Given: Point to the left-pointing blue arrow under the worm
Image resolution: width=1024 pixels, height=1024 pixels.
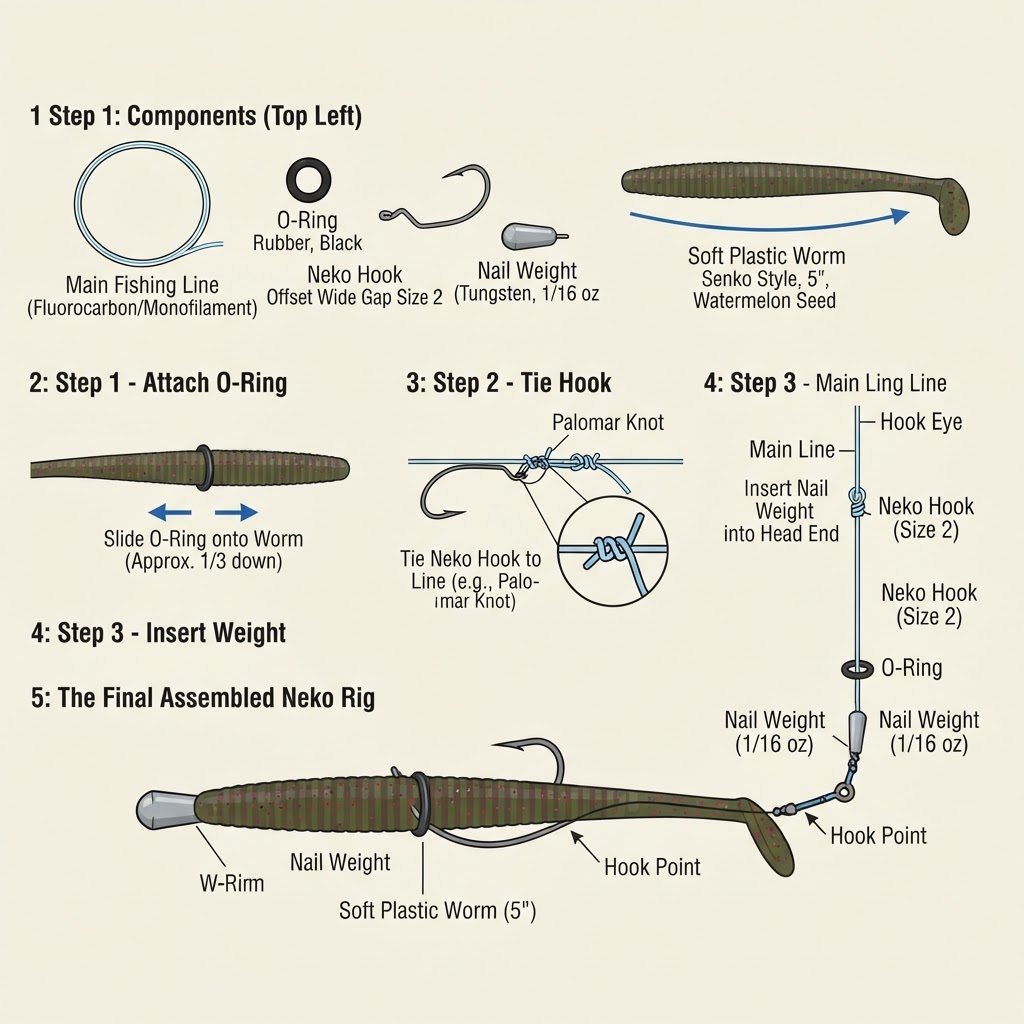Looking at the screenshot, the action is [170, 513].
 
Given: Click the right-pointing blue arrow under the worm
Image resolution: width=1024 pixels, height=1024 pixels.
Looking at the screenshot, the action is [236, 512].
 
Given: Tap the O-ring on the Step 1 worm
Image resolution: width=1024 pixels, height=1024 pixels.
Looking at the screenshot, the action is [203, 468].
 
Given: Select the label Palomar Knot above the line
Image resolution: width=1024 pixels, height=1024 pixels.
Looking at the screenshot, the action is [608, 423].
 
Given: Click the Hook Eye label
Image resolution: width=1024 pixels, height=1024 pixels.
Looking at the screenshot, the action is [921, 422].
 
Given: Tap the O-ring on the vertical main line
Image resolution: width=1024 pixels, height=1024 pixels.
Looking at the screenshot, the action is [857, 669].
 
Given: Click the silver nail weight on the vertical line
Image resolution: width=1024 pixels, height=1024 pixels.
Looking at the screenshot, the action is [856, 730].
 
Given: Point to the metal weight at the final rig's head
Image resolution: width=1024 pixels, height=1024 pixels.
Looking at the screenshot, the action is [166, 811].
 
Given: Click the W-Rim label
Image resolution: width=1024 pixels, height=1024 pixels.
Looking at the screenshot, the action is [232, 884].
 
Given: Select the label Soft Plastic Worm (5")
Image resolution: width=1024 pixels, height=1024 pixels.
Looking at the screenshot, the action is [438, 910].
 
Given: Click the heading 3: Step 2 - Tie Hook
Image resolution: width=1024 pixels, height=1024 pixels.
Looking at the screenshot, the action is [509, 383].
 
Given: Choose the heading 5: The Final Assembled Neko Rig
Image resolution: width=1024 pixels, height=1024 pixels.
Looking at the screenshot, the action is [203, 697].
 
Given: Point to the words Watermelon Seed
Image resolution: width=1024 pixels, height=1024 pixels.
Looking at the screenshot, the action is [764, 300].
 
